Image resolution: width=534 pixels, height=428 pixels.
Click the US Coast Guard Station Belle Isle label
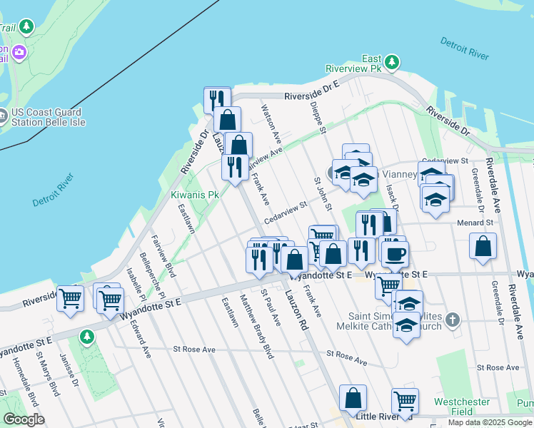coord(47,117)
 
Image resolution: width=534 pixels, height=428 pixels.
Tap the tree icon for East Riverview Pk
coord(393,63)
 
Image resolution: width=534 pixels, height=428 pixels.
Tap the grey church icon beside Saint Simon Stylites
coord(452,320)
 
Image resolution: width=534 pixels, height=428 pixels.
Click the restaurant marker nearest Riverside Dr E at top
coord(217,99)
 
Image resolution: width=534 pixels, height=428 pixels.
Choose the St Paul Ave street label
coord(272,307)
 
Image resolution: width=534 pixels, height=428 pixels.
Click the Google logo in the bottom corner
coord(24,419)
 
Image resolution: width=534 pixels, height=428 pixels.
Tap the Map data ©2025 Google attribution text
coord(490,423)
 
